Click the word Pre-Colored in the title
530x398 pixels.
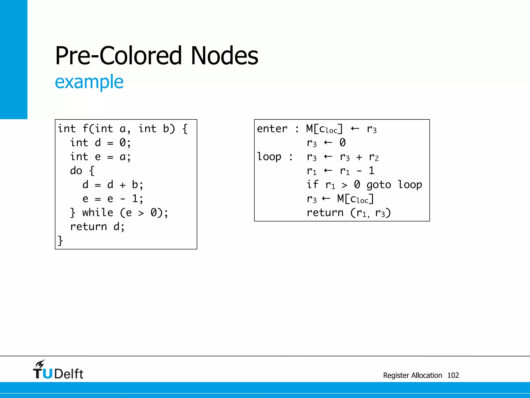(118, 55)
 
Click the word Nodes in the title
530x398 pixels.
(224, 55)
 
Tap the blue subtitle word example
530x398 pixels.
(89, 82)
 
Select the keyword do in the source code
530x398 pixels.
(76, 171)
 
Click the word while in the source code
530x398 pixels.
(98, 213)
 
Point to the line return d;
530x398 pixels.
(97, 227)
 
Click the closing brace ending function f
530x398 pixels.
(60, 241)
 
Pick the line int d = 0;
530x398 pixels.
(100, 143)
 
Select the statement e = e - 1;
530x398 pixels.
(113, 199)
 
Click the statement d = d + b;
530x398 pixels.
(113, 185)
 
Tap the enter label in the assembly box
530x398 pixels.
(272, 129)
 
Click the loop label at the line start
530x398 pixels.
(269, 157)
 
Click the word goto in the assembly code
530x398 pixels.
(379, 185)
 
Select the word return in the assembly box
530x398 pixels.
(325, 213)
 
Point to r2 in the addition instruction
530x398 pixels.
(374, 157)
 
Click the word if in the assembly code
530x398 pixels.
(312, 185)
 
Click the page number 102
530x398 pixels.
(453, 375)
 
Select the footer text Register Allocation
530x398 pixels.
(413, 375)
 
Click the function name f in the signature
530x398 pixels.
(86, 129)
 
